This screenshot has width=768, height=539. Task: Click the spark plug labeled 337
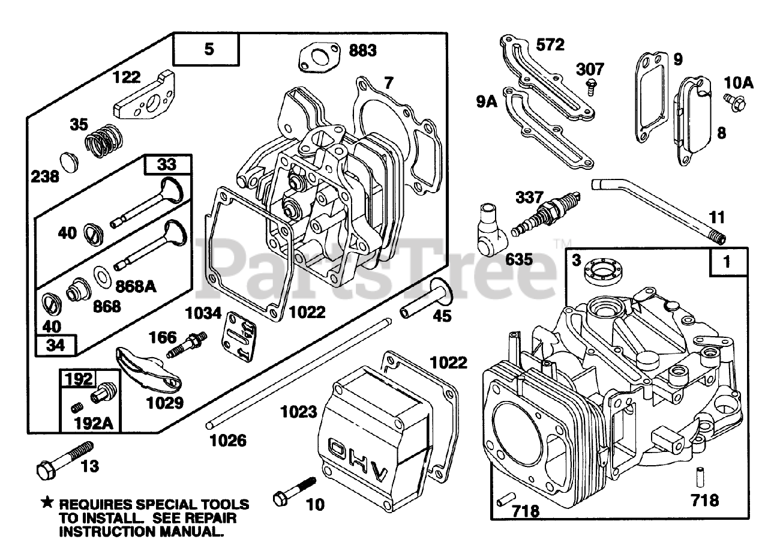click(545, 214)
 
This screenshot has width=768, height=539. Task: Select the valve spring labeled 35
click(104, 140)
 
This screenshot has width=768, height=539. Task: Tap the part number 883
click(362, 50)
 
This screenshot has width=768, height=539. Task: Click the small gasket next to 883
click(319, 59)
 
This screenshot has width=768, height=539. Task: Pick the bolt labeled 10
click(295, 492)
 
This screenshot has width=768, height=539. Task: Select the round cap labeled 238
click(70, 163)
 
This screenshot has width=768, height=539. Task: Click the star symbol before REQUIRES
click(47, 503)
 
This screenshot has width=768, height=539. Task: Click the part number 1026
click(228, 441)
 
